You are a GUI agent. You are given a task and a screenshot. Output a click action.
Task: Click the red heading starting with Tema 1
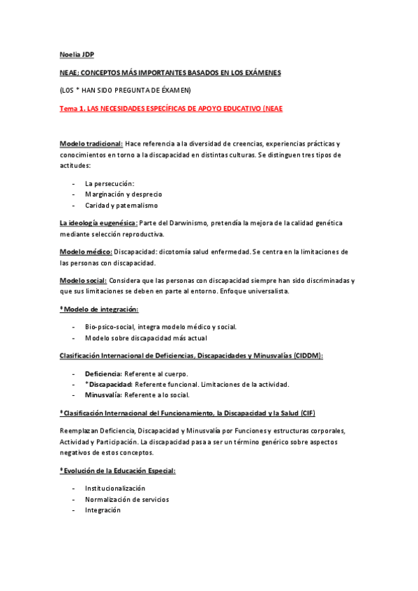171,109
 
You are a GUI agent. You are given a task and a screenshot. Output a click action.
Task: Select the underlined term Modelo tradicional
91,143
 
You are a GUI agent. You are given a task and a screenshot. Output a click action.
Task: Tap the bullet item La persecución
110,183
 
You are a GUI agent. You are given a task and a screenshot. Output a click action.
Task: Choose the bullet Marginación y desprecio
124,194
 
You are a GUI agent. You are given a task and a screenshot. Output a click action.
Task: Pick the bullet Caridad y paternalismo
121,206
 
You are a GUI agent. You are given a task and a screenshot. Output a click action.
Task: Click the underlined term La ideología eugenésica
98,223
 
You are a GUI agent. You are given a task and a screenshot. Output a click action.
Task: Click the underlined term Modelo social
83,280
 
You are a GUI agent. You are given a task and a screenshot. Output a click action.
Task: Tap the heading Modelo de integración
100,309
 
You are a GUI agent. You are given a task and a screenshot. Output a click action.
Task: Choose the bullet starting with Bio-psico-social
161,326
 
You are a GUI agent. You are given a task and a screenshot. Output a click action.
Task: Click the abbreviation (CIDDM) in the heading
308,355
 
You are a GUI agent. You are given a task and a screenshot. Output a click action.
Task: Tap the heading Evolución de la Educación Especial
119,470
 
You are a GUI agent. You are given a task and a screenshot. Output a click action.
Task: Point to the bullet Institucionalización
115,488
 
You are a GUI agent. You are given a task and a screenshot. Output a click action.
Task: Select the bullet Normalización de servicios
127,499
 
